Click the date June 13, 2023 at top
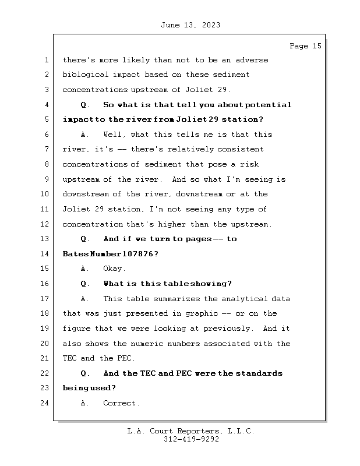click(189, 25)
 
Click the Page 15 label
click(305, 46)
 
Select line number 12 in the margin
click(45, 224)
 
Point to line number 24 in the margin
click(45, 403)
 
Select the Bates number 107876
click(137, 254)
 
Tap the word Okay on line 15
click(114, 269)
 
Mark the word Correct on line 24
click(121, 403)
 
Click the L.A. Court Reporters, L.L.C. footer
click(190, 431)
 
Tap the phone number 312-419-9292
click(190, 440)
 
